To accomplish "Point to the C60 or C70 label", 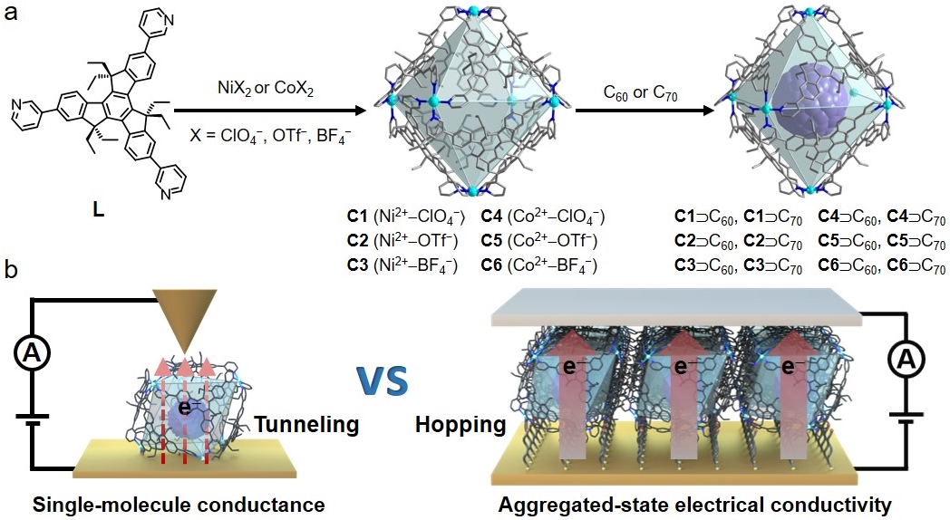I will tap(640, 92).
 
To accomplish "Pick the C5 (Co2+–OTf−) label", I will tap(539, 241).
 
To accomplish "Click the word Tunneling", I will tap(307, 423).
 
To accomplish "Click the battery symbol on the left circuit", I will tap(33, 419).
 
